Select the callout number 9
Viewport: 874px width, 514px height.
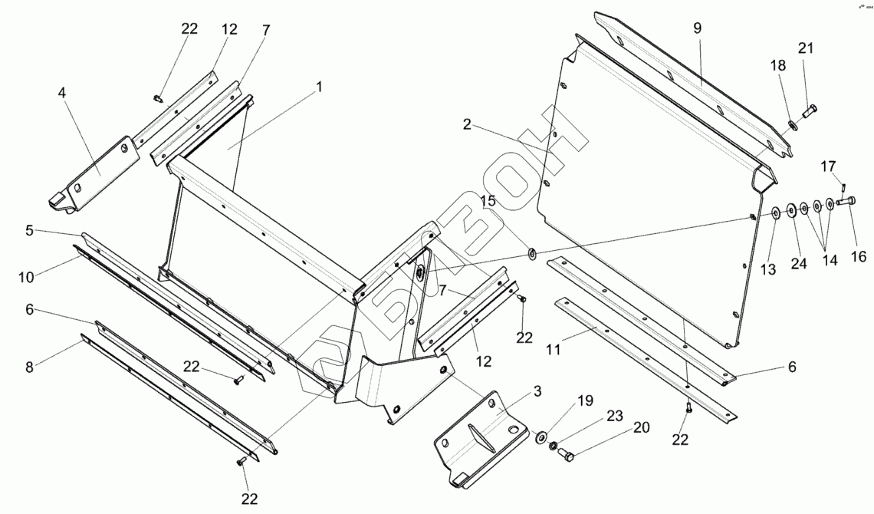tap(697, 28)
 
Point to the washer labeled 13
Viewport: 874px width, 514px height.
tap(776, 211)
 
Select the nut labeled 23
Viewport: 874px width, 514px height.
tap(554, 445)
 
